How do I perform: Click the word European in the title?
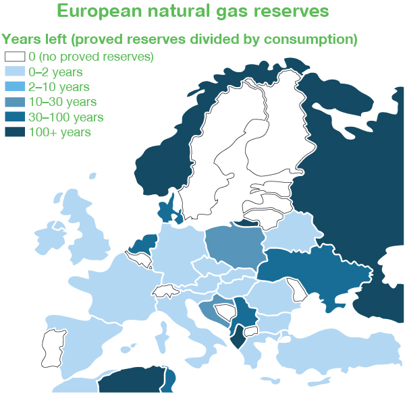[99, 11]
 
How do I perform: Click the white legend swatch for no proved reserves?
[15, 57]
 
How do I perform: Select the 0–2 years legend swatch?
[15, 72]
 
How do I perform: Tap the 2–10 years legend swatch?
[15, 86]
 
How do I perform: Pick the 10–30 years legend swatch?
[15, 102]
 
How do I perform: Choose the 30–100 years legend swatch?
[15, 117]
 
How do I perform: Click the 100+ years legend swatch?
[15, 132]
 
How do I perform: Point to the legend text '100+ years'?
[60, 132]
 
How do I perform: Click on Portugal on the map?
[53, 349]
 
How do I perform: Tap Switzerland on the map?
[166, 291]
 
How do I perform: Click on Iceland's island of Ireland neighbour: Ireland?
[49, 240]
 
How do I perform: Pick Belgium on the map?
[138, 259]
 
